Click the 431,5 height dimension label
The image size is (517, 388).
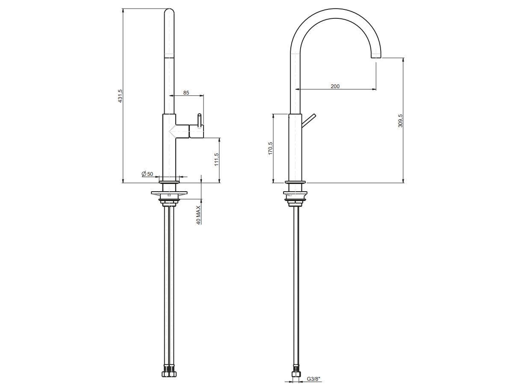click(x=121, y=96)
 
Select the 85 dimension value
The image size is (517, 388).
click(x=186, y=92)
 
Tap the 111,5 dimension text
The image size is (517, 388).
click(x=216, y=160)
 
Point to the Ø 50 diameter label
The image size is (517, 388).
click(x=147, y=174)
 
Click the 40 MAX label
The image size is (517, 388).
click(x=198, y=215)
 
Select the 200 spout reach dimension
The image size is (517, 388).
click(x=335, y=86)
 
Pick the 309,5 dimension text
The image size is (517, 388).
click(x=400, y=121)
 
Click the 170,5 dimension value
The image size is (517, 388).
click(x=270, y=148)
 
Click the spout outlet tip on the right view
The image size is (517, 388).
click(x=376, y=55)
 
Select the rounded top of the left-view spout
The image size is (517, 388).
click(x=169, y=13)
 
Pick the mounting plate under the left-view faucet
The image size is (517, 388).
click(x=169, y=194)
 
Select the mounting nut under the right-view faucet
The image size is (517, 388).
click(x=295, y=197)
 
